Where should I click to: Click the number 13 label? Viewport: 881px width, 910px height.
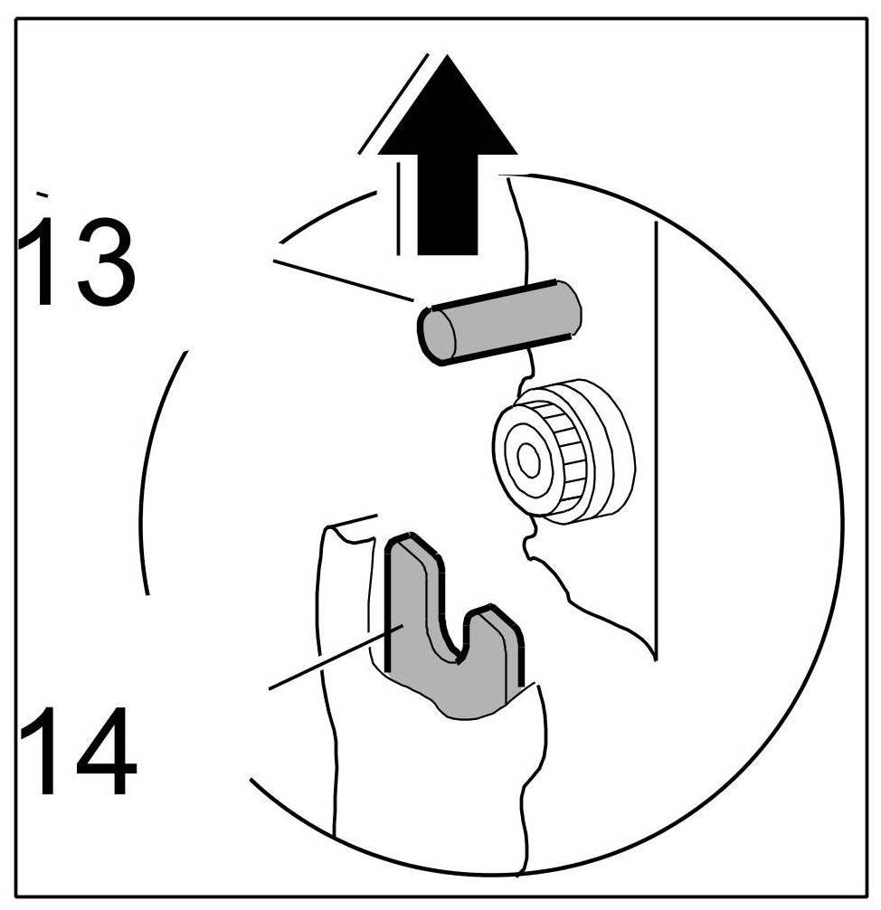(77, 261)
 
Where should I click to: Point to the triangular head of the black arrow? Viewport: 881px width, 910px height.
(447, 109)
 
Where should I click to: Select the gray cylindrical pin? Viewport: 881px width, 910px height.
(497, 321)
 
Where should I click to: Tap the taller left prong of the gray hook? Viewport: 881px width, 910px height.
(412, 597)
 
